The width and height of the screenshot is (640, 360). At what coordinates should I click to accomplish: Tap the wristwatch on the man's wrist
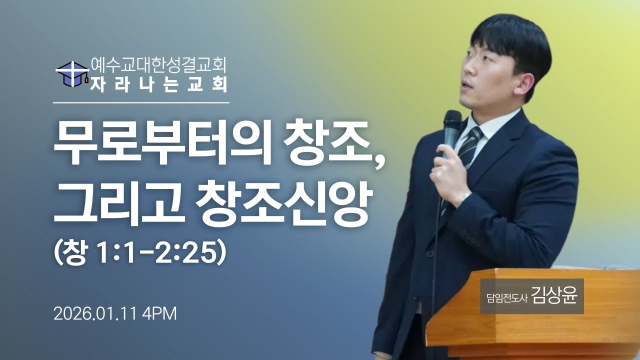tap(465, 198)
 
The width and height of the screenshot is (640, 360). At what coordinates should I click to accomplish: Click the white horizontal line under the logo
tap(141, 102)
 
